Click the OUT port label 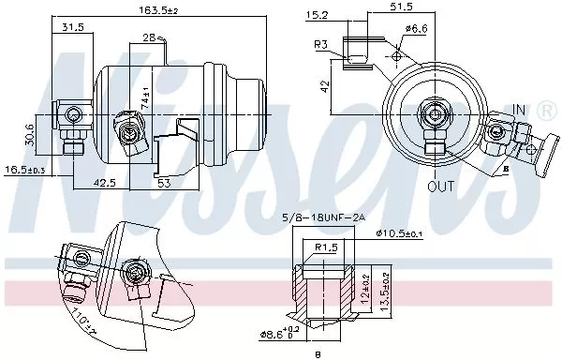tap(440, 186)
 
